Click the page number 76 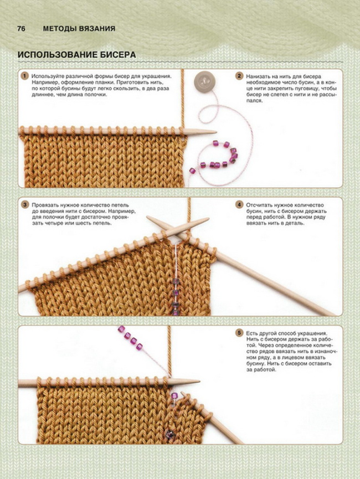22,29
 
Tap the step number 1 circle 24,76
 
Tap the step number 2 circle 239,76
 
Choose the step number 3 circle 24,205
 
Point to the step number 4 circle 239,205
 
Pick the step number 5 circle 239,333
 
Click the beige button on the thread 204,81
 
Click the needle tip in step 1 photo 216,132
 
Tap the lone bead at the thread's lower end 192,171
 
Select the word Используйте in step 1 46,76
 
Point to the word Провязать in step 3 45,205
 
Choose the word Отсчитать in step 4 259,205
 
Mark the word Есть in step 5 252,333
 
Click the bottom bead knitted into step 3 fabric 176,312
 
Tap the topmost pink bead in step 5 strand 121,329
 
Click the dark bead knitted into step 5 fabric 168,433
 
